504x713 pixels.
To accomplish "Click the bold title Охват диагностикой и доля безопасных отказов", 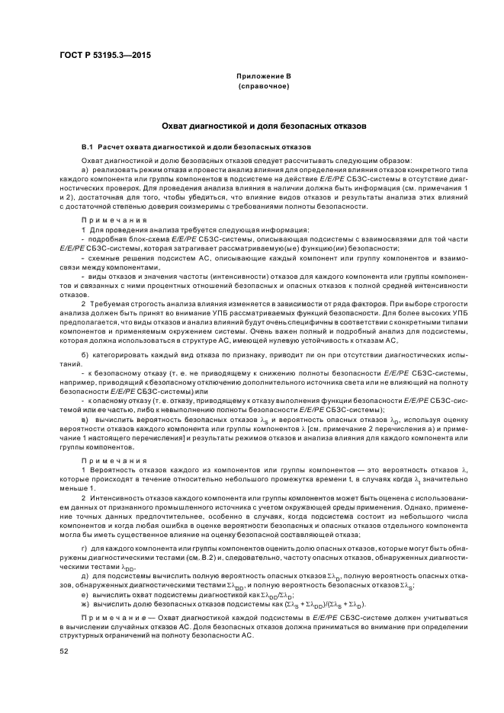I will pos(252,124).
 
